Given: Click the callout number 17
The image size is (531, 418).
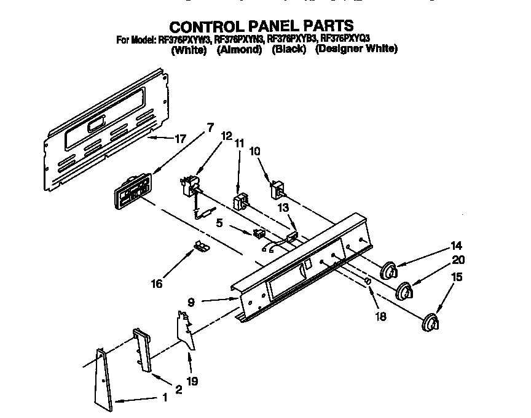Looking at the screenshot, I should [179, 139].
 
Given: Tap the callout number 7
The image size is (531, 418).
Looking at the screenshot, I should [211, 128].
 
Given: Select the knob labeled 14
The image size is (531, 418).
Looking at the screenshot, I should [388, 270].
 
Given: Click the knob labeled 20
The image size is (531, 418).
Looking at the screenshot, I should [404, 291].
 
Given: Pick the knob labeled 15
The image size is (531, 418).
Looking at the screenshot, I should [431, 323].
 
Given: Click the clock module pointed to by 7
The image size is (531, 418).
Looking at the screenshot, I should [130, 192].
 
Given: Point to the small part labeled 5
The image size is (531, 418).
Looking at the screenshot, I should [259, 233].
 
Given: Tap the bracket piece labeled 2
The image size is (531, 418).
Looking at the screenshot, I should [142, 350].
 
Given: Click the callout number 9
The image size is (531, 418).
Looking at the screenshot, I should [191, 301].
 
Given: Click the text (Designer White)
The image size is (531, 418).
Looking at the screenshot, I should [356, 50].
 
